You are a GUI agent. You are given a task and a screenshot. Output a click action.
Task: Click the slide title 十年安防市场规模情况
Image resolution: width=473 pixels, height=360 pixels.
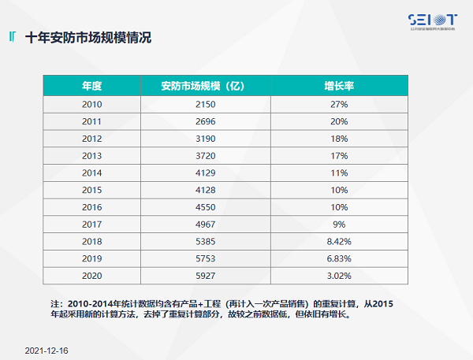point(88,37)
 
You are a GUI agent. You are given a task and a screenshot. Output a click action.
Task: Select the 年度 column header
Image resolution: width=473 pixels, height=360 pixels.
point(92,86)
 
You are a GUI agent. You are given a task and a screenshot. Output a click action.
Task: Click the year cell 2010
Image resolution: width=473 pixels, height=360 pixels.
point(92,104)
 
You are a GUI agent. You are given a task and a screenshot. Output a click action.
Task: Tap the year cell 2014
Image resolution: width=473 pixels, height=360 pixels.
point(92,173)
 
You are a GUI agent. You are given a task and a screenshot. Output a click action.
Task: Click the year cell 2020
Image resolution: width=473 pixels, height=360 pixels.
point(92,275)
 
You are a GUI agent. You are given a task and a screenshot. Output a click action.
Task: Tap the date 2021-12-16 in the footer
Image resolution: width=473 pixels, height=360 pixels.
point(47,347)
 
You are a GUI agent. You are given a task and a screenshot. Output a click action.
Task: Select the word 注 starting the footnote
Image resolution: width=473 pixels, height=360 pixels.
point(55,303)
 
